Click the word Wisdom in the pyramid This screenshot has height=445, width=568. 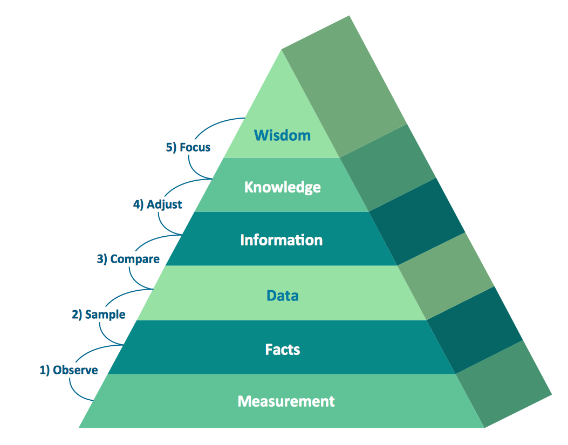282,135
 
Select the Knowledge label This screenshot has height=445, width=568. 282,187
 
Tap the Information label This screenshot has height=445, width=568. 281,240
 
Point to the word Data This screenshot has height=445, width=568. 282,296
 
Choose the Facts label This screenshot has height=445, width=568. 282,350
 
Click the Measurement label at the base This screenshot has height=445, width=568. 286,401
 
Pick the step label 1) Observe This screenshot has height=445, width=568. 69,370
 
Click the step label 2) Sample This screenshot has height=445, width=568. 98,314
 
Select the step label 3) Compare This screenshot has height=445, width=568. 128,259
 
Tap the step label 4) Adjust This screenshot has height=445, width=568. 157,204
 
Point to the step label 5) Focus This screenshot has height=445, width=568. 188,147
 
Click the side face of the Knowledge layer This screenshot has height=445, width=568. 388,168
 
